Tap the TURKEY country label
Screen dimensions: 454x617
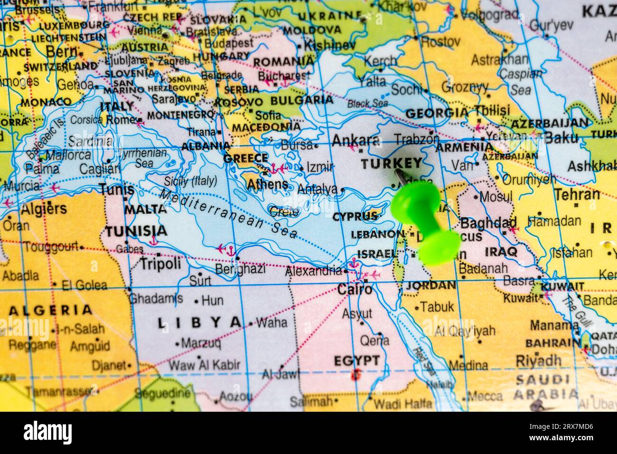click(391, 164)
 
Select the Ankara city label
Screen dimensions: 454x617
click(355, 141)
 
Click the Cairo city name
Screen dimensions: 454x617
click(355, 289)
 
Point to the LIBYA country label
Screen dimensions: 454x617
click(199, 322)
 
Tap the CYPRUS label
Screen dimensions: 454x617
click(355, 217)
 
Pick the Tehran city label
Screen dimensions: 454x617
click(577, 194)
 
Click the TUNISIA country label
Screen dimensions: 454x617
click(136, 231)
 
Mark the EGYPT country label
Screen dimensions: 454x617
click(356, 360)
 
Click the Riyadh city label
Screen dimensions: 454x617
click(538, 360)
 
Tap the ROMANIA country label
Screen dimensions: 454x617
click(283, 62)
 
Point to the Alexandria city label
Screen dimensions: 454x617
click(313, 271)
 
